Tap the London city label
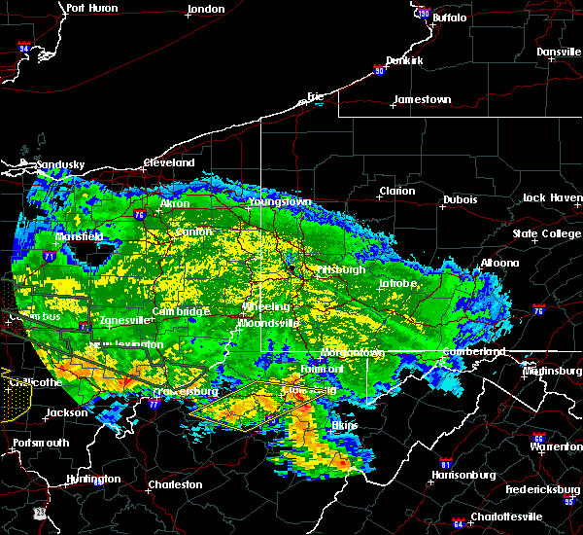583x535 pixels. coord(206,9)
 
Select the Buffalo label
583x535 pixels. coord(448,18)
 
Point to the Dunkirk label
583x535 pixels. coord(404,60)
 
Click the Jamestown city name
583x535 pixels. coord(422,99)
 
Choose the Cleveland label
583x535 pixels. coord(169,162)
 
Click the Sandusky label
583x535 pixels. coord(59,164)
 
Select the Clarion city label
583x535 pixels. coord(397,191)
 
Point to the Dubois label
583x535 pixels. coord(460,199)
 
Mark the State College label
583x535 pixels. coord(547,233)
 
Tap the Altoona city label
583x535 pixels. coord(498,263)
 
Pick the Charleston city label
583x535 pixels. coord(175,484)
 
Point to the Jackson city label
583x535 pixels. coord(66,412)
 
